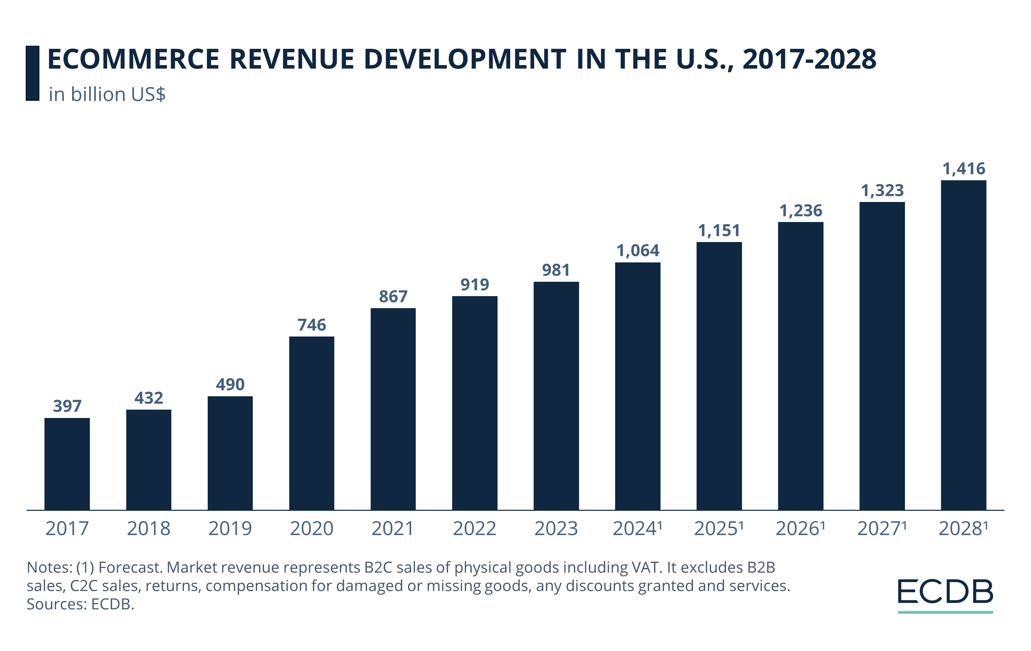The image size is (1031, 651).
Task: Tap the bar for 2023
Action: click(x=556, y=396)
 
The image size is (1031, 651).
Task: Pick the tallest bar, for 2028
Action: click(x=963, y=345)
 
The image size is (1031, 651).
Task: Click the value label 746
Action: click(x=312, y=325)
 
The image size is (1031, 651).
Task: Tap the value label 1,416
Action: click(x=963, y=169)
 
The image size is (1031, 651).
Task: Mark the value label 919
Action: click(x=474, y=285)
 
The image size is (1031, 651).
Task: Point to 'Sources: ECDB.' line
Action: click(x=80, y=604)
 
